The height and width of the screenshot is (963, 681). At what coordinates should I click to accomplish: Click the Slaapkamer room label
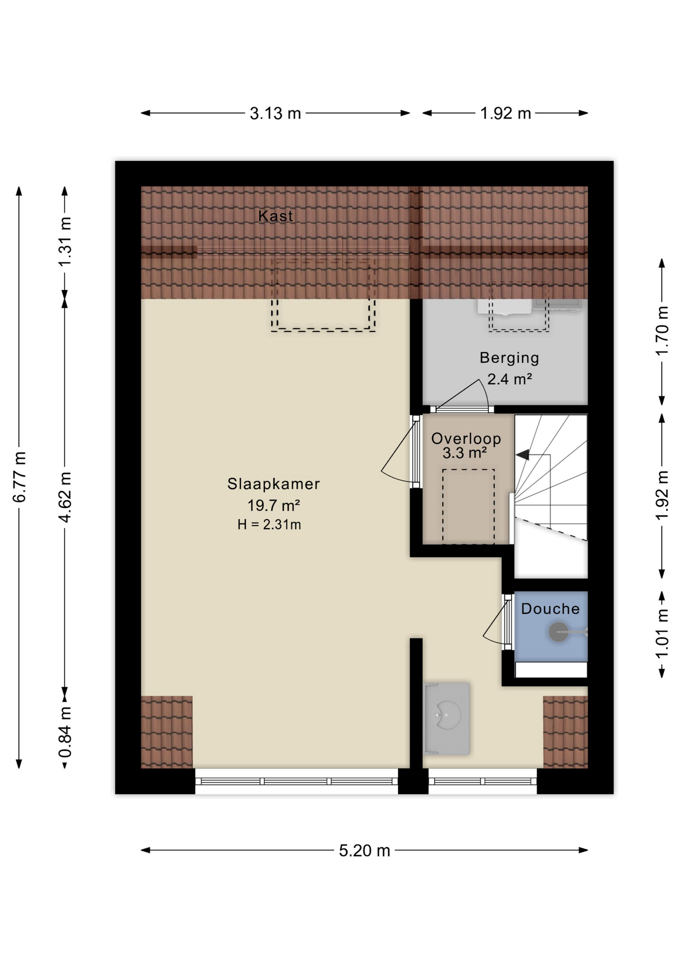[x=273, y=484]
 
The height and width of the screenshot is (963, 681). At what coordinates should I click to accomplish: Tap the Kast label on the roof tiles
[x=275, y=216]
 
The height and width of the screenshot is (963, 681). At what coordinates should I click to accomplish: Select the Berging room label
[x=509, y=358]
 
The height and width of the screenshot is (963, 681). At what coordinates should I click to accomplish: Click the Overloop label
[x=466, y=439]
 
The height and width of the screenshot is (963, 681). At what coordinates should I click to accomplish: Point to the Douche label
[x=550, y=609]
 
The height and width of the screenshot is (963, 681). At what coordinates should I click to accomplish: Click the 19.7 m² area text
[x=273, y=505]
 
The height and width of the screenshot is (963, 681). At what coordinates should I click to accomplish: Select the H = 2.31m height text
[x=269, y=525]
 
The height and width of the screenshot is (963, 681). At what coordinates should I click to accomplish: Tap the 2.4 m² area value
[x=509, y=379]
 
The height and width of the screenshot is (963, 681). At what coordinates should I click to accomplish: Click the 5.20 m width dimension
[x=365, y=851]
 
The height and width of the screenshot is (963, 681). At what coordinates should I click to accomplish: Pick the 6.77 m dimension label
[x=20, y=477]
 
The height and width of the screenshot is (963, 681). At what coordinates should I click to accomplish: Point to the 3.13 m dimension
[x=275, y=113]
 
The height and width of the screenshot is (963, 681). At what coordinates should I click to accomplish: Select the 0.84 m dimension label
[x=65, y=732]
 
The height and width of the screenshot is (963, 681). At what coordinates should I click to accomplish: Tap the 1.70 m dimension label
[x=662, y=331]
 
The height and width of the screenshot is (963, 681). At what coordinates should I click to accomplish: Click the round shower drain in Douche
[x=558, y=632]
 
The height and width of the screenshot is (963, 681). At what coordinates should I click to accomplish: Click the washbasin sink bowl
[x=447, y=715]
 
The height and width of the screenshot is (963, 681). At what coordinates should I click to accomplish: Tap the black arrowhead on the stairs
[x=522, y=455]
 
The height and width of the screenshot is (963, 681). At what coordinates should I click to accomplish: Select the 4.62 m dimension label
[x=65, y=497]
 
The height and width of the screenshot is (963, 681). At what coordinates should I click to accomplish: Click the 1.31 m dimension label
[x=65, y=242]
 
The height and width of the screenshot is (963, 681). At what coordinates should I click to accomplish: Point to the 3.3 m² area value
[x=464, y=453]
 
